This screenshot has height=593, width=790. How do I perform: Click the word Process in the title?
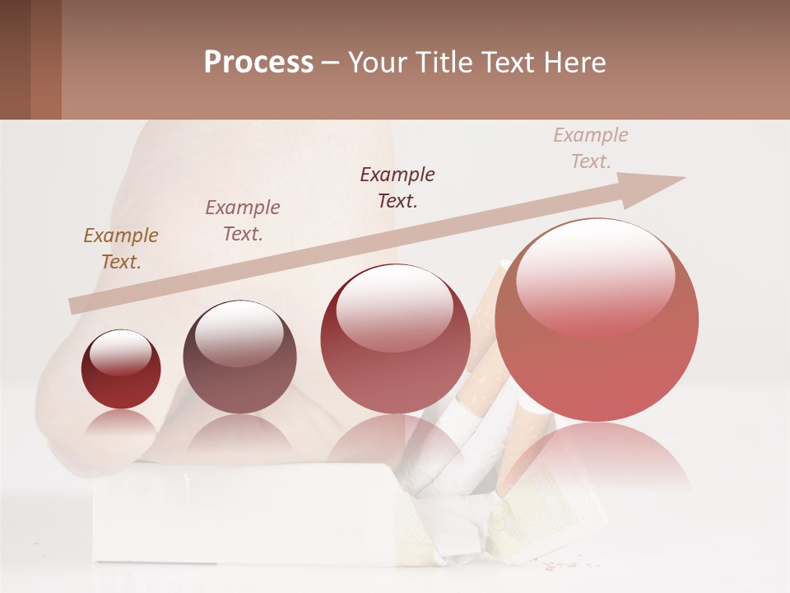(x=258, y=63)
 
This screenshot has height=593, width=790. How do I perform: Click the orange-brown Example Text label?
(x=121, y=248)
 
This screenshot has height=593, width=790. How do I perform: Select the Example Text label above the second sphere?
(x=242, y=220)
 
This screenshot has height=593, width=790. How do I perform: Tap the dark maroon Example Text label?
(x=397, y=187)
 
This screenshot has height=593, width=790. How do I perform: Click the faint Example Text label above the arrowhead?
(x=590, y=147)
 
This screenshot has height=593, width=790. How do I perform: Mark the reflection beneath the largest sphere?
(x=597, y=457)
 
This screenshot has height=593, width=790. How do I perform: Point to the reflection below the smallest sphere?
(x=121, y=424)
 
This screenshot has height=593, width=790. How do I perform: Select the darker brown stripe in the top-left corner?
(x=15, y=59)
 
